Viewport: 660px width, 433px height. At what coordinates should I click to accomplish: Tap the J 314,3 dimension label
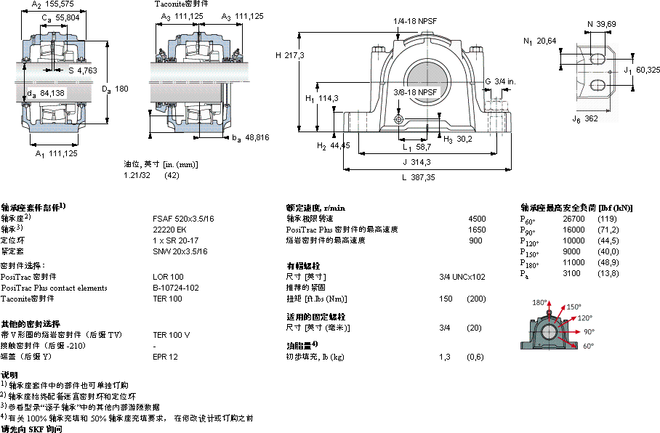coord(417,162)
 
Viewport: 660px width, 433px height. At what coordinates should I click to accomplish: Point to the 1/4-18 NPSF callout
coord(415,22)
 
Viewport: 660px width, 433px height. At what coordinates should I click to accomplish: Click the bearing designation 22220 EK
coord(169,229)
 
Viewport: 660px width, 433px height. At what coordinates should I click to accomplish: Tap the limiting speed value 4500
coord(477,218)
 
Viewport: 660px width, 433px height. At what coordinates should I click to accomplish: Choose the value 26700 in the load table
coord(574,218)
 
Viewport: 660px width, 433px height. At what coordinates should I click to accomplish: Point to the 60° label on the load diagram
coord(589,346)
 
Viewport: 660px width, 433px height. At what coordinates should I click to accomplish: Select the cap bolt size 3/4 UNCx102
coord(462,277)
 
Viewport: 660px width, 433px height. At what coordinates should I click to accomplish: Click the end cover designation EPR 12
coord(165,357)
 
